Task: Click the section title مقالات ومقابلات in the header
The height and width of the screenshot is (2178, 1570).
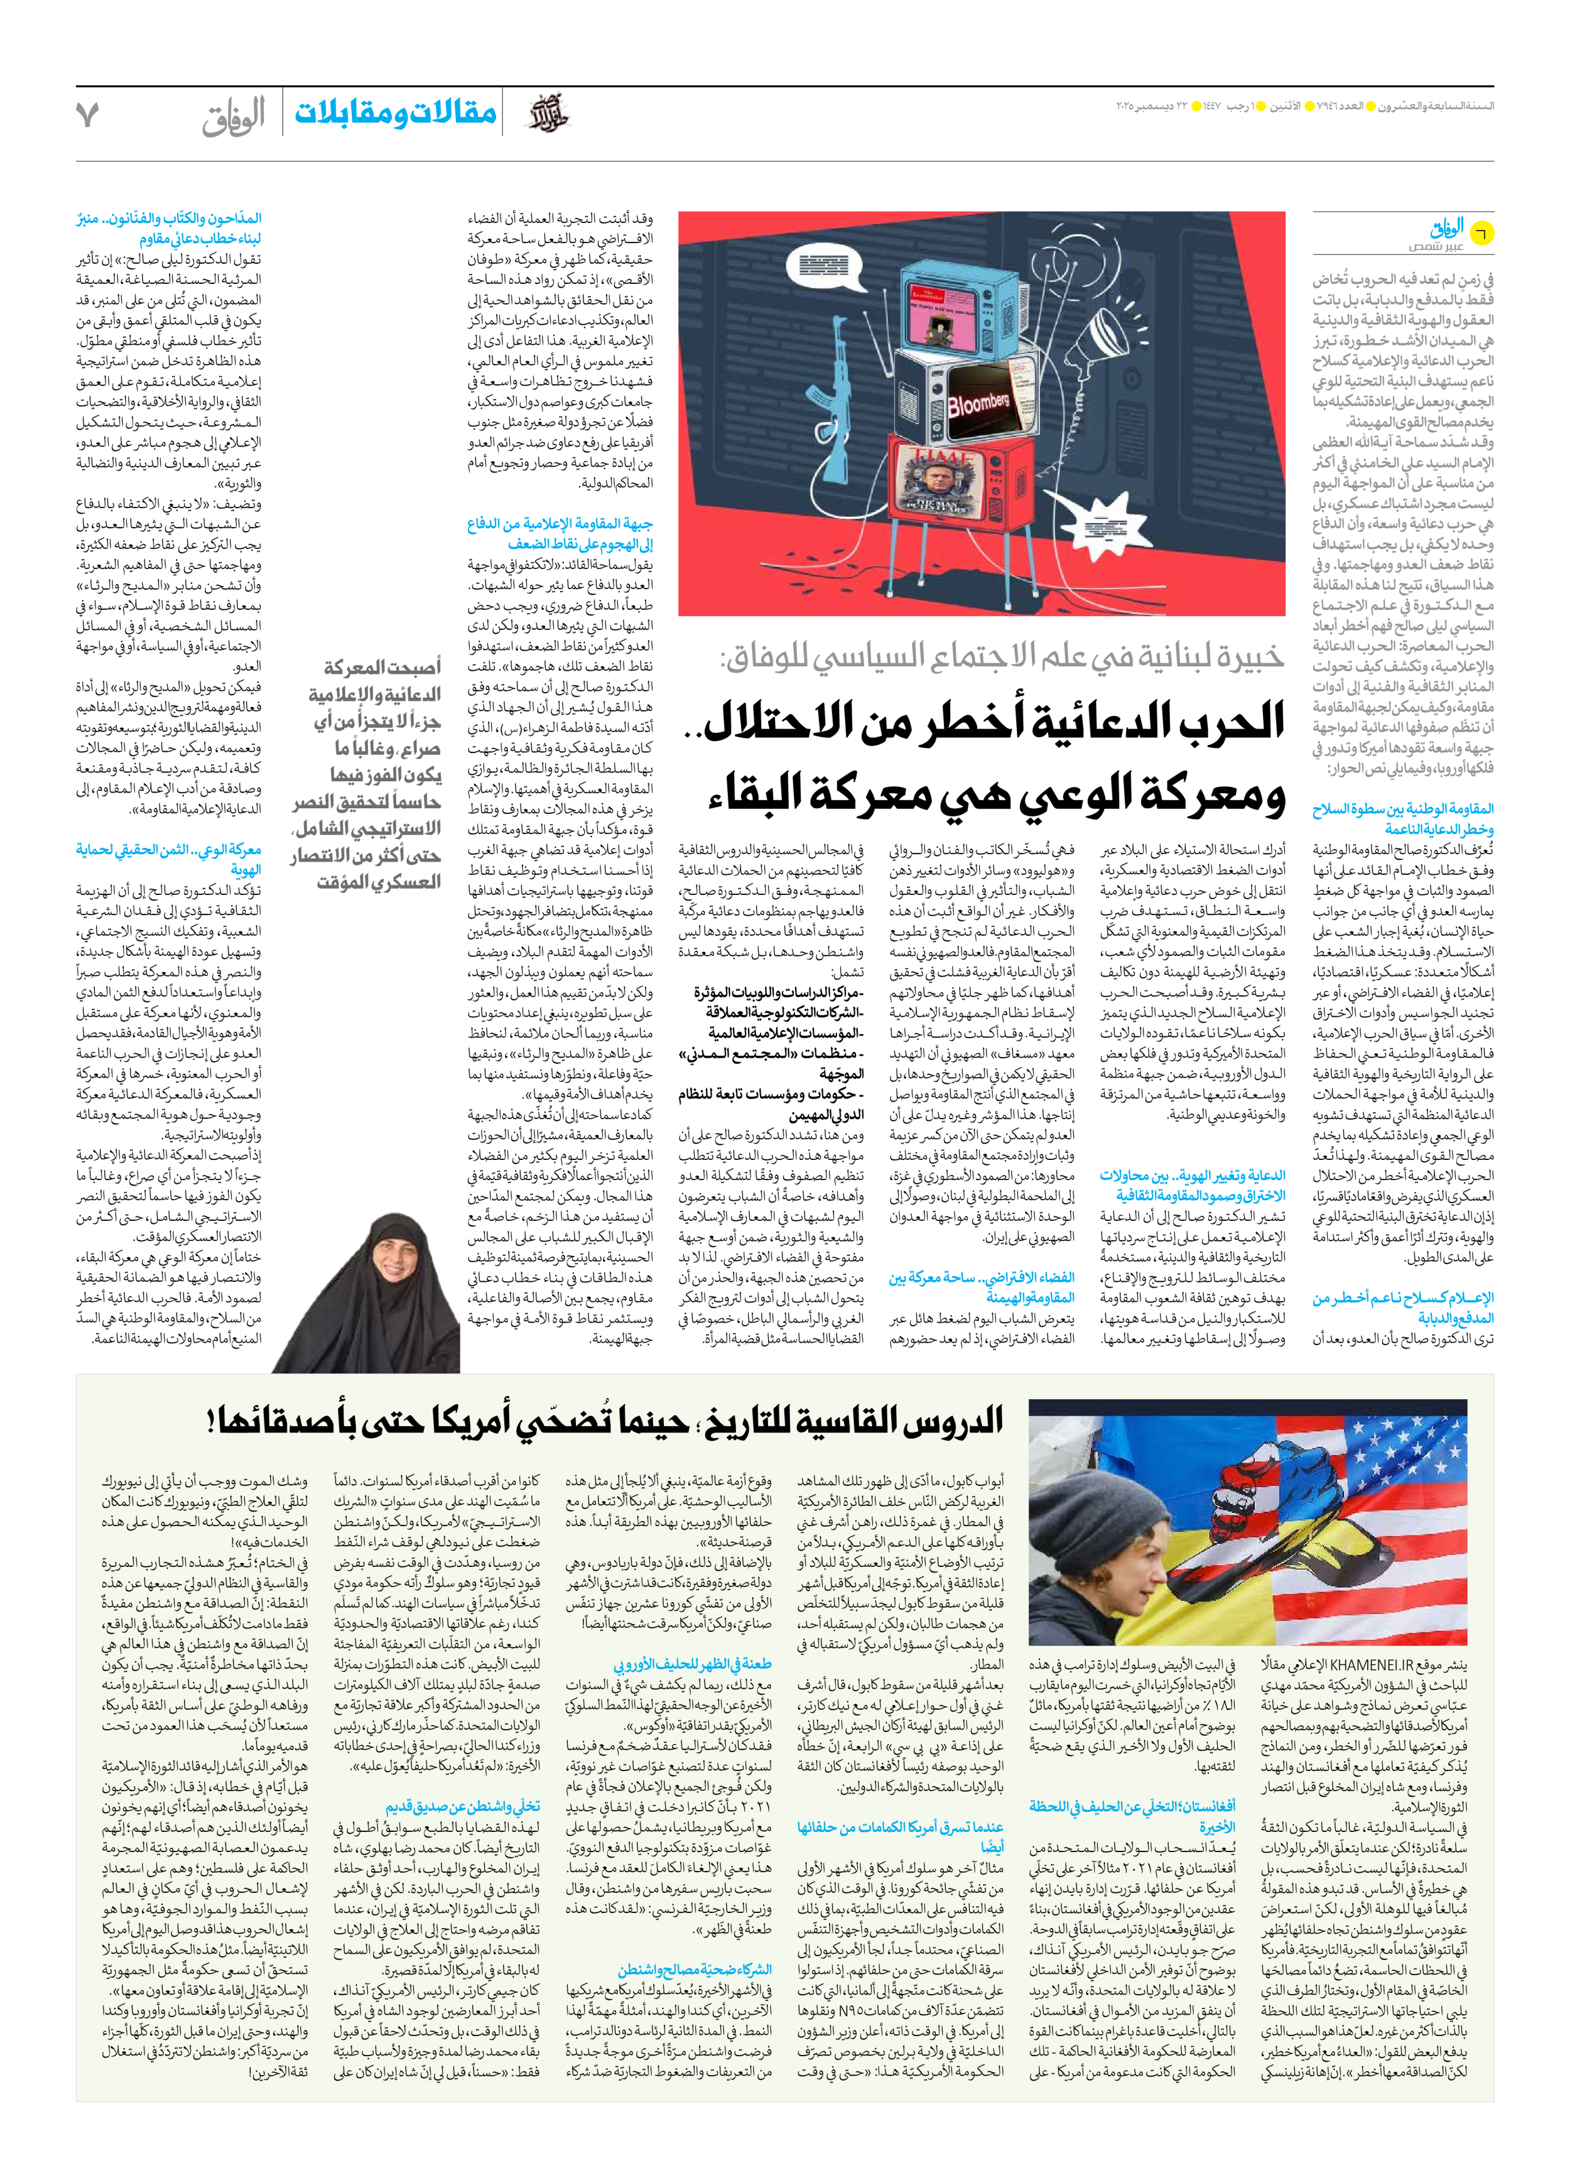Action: pyautogui.click(x=396, y=113)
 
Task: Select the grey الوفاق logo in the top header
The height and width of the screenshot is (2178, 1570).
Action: pyautogui.click(x=234, y=117)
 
